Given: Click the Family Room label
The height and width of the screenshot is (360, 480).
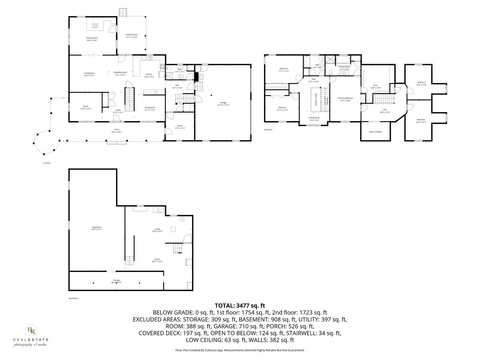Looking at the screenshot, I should tap(92, 39).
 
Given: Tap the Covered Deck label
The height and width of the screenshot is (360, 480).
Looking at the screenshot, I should tap(132, 36).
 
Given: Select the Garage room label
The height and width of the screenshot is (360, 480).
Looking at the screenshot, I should tap(223, 104).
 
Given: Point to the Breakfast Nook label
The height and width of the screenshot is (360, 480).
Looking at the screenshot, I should tap(120, 74).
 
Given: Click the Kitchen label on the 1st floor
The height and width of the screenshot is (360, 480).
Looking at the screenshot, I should tap(149, 75).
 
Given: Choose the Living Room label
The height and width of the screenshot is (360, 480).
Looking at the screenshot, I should tap(89, 74).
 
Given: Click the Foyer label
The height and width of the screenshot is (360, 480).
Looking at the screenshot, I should tap(118, 111).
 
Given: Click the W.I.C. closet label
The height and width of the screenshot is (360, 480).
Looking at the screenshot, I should tap(376, 86).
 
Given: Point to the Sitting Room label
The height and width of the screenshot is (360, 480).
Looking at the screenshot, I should tap(314, 118).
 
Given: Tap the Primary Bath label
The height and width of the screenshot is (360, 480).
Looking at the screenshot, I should tap(344, 68).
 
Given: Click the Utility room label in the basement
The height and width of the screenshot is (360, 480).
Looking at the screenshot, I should tap(157, 230).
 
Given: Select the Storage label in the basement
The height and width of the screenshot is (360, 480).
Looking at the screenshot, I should tap(116, 281).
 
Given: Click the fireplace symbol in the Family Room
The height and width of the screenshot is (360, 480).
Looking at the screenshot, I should tap(95, 26).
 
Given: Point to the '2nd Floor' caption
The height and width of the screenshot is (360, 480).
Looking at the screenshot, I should tap(268, 130).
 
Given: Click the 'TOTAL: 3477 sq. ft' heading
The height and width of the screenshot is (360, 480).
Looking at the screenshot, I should tap(240, 306).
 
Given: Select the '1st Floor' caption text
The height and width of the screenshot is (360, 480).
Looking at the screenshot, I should tap(47, 163).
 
